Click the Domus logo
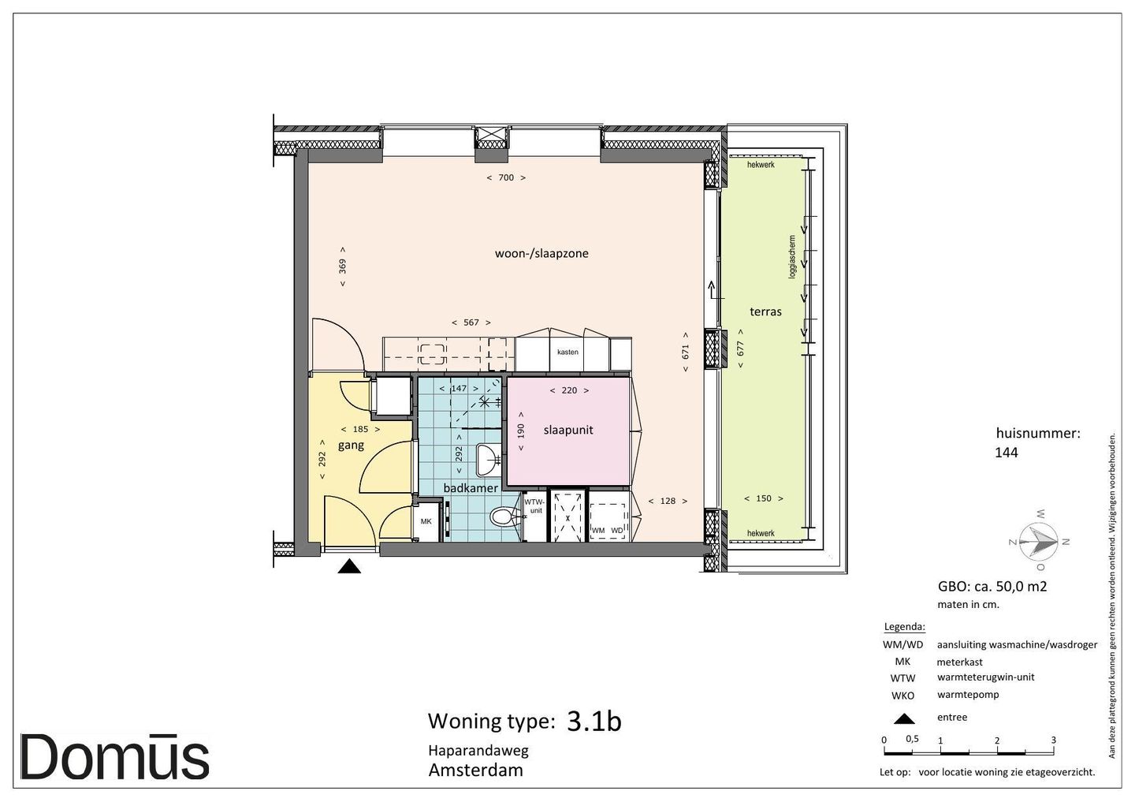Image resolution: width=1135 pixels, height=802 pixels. tap(114, 757)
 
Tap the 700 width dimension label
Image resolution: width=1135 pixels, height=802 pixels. tap(506, 177)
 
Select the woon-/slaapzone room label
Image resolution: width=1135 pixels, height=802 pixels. tap(541, 253)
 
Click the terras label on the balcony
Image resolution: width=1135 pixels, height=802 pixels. tap(765, 311)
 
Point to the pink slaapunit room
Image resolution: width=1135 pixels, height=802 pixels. tap(568, 431)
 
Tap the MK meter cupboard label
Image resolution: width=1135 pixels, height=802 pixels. tap(426, 521)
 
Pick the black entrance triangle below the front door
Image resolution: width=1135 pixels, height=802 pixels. tap(350, 566)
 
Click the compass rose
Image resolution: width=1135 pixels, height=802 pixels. tap(1039, 541)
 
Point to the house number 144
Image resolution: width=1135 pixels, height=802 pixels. tap(1007, 452)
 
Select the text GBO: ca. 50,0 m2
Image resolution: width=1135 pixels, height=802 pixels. tap(992, 587)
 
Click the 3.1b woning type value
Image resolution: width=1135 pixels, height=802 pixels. tap(594, 721)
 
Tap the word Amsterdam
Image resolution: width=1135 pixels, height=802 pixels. tap(476, 770)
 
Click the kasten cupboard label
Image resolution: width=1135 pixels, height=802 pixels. tap(567, 352)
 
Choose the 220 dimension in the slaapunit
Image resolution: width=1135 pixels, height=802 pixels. tap(570, 390)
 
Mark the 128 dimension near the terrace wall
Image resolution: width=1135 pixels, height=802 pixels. tap(668, 501)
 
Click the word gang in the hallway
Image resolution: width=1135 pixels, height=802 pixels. tap(351, 446)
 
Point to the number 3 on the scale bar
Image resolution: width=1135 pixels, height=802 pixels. tap(1053, 740)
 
